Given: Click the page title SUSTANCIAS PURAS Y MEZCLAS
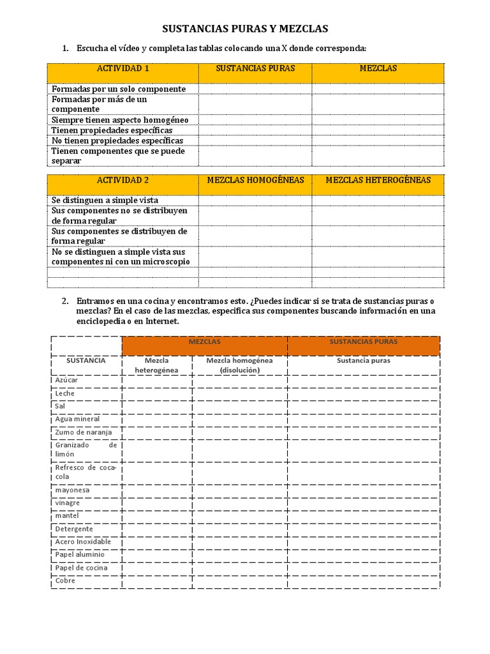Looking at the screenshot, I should pos(245,29).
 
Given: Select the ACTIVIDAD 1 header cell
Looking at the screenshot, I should pos(122,68).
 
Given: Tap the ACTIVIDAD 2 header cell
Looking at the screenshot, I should pos(122,180).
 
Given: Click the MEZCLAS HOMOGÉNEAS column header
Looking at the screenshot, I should pos(255,180).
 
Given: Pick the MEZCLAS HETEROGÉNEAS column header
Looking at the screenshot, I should pos(378,180).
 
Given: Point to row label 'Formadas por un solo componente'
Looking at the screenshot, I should pos(119,89).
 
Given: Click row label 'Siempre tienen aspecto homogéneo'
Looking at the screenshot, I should pos(120,119).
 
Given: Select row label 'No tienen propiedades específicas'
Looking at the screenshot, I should pos(117,141).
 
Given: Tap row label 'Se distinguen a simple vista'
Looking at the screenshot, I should pos(105,200).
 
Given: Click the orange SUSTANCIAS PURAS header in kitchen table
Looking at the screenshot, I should pos(363,342).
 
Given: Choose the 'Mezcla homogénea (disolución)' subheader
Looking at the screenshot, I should pos(239,365).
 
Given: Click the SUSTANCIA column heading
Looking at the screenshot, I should pos(86,360).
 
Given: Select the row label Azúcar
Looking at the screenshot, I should pos(66,380).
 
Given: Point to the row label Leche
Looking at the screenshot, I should pos(65,393).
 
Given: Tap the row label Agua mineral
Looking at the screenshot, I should pos(77,419).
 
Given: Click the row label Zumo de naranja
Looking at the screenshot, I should pos(83,432).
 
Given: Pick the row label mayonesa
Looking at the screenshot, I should pos(72,490).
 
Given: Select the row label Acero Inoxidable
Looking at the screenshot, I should pos(83,542).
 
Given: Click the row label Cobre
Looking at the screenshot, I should pos(65,581).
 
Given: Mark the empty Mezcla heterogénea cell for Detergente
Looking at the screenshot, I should pos(157,529).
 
